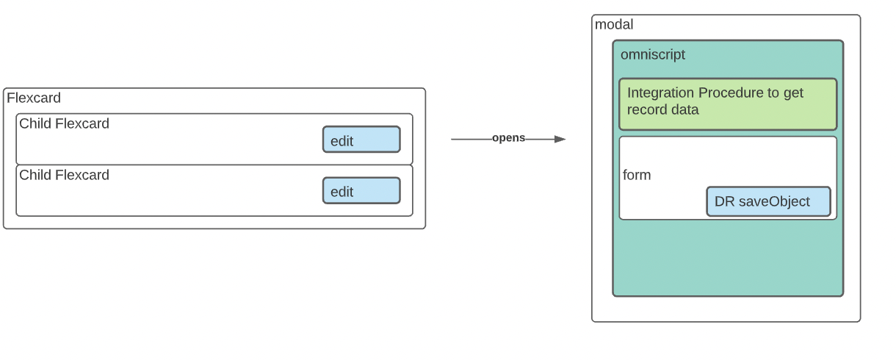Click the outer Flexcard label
pos(34,98)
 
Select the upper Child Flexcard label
pos(64,123)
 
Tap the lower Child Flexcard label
pos(64,175)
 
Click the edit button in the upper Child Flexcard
pos(361,140)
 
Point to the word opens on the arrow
pos(508,138)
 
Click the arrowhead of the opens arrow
pos(560,139)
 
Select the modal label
pos(614,25)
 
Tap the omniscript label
pos(653,54)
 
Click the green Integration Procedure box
pos(728,104)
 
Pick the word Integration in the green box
pos(660,93)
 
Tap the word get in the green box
pos(793,93)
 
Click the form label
pos(637,176)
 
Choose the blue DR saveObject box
pos(768,201)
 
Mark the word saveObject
pos(774,201)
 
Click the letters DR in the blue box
pos(724,201)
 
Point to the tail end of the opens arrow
pos(453,139)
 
